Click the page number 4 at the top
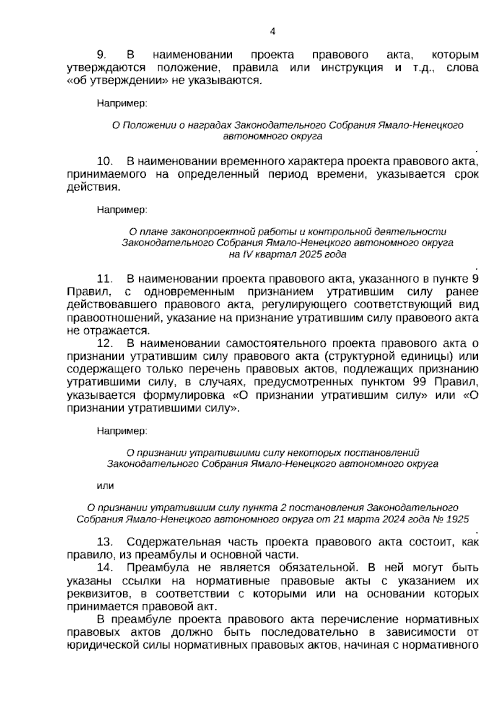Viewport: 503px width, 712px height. (272, 31)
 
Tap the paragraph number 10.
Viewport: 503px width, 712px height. (105, 162)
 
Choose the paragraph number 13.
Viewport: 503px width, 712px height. (105, 542)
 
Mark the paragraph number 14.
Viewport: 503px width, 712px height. (105, 568)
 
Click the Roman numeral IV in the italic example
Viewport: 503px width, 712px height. (249, 254)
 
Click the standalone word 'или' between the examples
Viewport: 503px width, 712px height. (105, 486)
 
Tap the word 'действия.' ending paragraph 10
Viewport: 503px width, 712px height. (93, 187)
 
